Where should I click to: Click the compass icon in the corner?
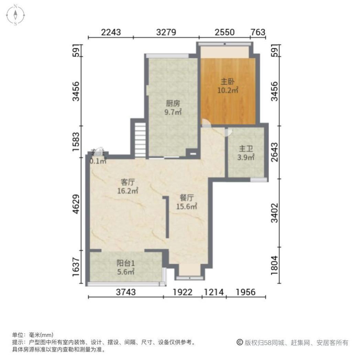[15, 14]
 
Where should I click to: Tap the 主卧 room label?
[227, 82]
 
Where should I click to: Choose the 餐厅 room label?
[187, 198]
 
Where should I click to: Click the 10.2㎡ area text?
[227, 90]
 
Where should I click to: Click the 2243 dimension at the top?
[111, 32]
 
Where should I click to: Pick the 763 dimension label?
[258, 32]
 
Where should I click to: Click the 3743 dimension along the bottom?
[126, 292]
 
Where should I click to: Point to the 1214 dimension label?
[214, 292]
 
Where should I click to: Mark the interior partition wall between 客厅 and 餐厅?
[167, 217]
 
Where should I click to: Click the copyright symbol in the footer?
[239, 342]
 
